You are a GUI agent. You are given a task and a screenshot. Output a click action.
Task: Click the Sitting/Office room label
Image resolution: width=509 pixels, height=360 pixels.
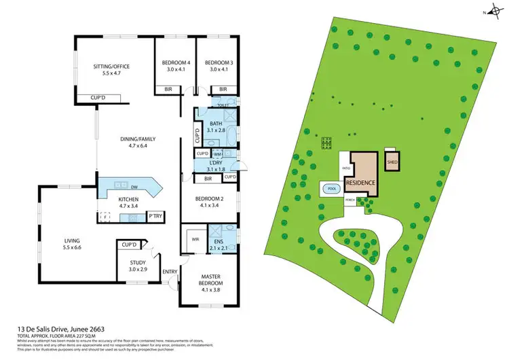111,67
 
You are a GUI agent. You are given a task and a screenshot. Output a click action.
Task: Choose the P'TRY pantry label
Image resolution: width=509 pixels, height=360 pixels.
154,217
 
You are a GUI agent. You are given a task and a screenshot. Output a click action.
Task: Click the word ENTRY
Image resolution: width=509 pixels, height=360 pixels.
170,272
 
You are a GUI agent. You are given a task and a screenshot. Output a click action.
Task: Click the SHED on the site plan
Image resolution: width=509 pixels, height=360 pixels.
392,162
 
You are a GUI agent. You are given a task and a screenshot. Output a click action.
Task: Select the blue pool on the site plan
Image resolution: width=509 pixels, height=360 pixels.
331,190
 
